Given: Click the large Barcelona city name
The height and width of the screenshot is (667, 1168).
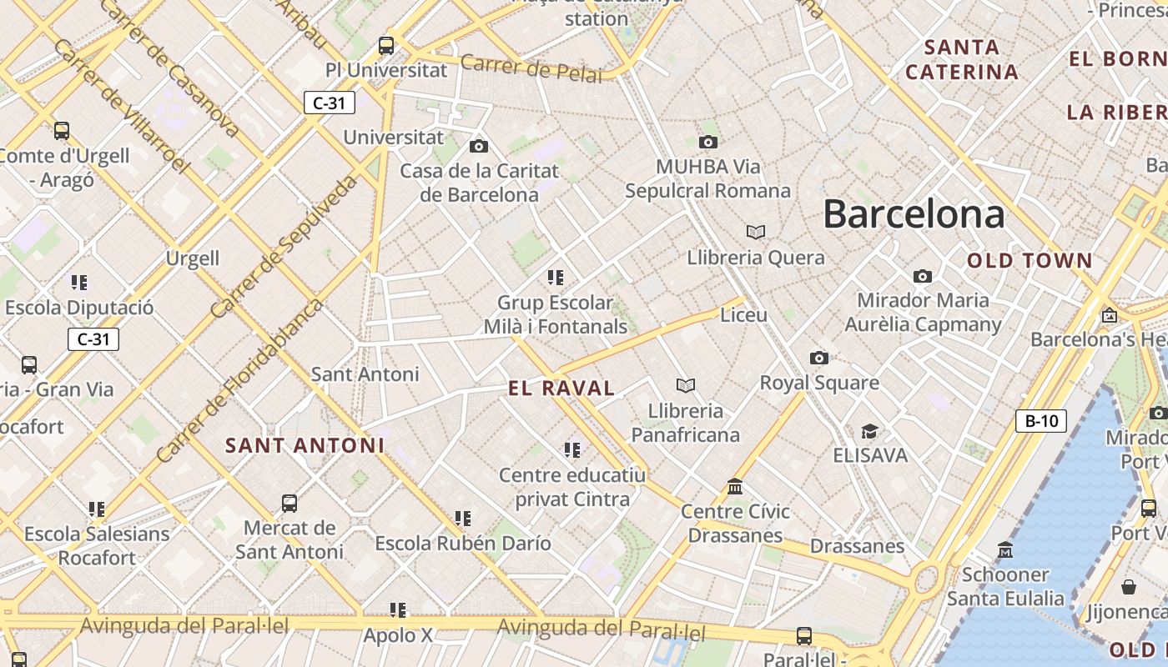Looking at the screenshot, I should (914, 214).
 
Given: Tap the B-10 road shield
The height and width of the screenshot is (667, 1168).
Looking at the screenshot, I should (1041, 421).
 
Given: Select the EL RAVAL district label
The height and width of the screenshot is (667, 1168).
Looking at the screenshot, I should (561, 388).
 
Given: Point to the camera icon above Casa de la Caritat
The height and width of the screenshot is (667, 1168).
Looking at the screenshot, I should (479, 147).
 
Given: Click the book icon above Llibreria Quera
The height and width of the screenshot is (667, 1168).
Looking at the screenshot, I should (756, 232).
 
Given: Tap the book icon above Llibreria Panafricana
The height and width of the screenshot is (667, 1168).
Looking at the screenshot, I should (686, 385).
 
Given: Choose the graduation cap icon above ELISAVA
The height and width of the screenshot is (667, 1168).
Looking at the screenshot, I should (870, 431).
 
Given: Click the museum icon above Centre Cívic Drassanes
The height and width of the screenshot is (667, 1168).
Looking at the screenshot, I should (735, 486).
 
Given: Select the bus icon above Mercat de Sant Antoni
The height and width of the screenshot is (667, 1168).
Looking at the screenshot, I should (289, 504).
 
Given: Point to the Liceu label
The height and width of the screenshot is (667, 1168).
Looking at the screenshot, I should (743, 315).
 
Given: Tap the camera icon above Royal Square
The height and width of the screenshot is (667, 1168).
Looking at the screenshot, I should (819, 359).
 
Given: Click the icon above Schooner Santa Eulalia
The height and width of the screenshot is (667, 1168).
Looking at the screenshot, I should (1005, 550).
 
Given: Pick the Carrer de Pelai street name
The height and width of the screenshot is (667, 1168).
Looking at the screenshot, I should (531, 69).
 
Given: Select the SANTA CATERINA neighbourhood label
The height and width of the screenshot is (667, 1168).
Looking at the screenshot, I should (962, 59).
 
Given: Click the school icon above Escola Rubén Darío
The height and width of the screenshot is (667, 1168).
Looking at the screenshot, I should (463, 519).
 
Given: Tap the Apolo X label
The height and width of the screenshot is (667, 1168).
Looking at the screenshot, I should (398, 635).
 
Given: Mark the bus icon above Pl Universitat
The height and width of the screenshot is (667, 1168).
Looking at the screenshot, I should (386, 45).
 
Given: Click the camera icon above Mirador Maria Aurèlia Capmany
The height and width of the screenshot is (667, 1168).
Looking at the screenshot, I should (923, 276).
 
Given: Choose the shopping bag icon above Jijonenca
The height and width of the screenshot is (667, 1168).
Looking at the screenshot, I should (1129, 587).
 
